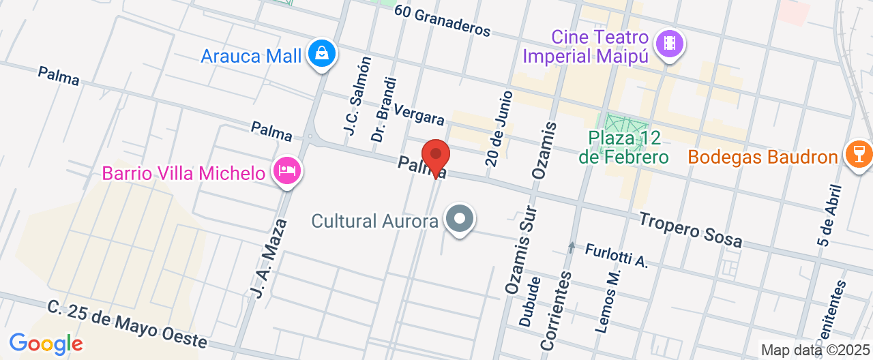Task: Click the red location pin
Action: [x=436, y=156]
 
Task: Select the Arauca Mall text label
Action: [x=251, y=56]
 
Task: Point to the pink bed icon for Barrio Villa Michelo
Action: [x=286, y=170]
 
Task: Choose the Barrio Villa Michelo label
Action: [x=183, y=173]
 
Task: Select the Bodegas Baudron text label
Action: [x=763, y=157]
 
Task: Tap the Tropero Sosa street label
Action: [x=691, y=230]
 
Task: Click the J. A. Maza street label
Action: [x=267, y=254]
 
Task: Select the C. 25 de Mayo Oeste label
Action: [x=127, y=323]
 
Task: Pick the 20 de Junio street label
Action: [x=499, y=128]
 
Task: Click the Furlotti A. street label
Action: [x=616, y=256]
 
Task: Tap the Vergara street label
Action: [x=419, y=114]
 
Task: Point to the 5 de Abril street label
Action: [x=827, y=213]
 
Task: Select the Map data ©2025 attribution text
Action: [x=815, y=350]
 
